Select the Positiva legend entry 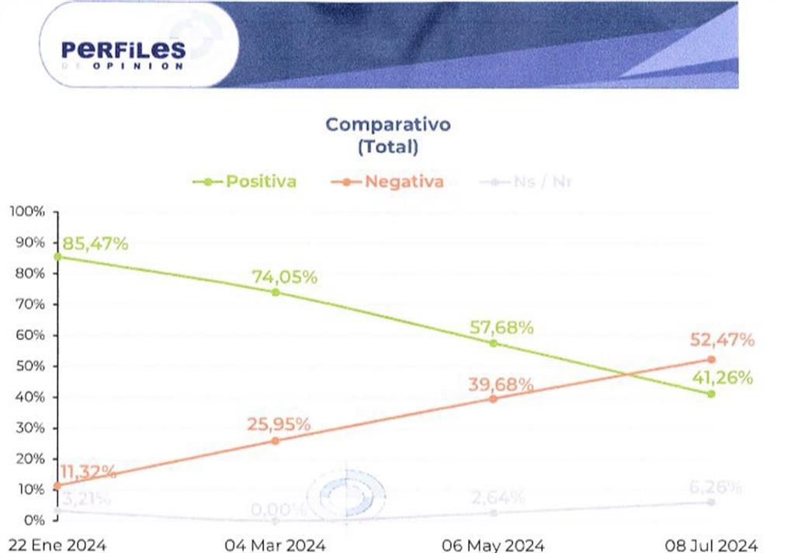pyautogui.click(x=245, y=182)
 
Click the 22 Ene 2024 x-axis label pyautogui.click(x=54, y=544)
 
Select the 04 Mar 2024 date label pyautogui.click(x=275, y=544)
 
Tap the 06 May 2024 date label pyautogui.click(x=493, y=544)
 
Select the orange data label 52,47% pyautogui.click(x=721, y=339)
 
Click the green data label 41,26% pyautogui.click(x=721, y=378)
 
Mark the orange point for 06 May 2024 pyautogui.click(x=493, y=398)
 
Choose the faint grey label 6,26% pyautogui.click(x=715, y=488)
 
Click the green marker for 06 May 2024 pyautogui.click(x=493, y=343)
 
